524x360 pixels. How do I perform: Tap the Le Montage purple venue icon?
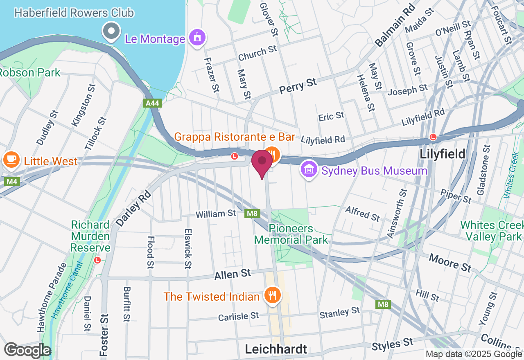pyautogui.click(x=197, y=38)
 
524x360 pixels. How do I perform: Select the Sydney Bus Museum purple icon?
pyautogui.click(x=309, y=169)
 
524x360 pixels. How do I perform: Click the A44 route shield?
pyautogui.click(x=152, y=103)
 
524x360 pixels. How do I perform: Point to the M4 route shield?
pyautogui.click(x=12, y=181)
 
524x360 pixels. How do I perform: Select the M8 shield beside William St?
pyautogui.click(x=252, y=213)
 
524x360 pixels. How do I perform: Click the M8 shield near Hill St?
pyautogui.click(x=383, y=304)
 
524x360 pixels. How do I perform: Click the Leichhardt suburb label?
pyautogui.click(x=276, y=349)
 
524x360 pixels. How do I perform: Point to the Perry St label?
pyautogui.click(x=298, y=86)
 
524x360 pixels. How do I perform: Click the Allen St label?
pyautogui.click(x=232, y=274)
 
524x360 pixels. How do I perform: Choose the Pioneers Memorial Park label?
pyautogui.click(x=291, y=234)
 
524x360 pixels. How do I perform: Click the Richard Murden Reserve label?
pyautogui.click(x=90, y=236)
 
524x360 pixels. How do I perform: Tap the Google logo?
pyautogui.click(x=27, y=350)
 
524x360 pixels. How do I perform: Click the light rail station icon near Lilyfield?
pyautogui.click(x=433, y=137)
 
